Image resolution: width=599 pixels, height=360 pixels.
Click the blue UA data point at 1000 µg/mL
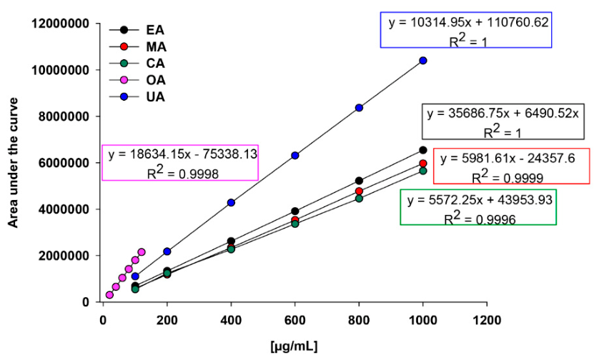coord(423,61)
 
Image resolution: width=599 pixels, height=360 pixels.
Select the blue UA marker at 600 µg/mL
coord(295,156)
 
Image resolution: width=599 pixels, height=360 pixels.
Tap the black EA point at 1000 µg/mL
coord(423,151)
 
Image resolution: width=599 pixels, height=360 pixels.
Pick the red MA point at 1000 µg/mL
coord(423,164)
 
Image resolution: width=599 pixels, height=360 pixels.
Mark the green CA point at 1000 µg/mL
coord(423,171)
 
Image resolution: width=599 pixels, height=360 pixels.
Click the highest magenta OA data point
coord(142,252)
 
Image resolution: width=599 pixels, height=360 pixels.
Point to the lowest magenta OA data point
coord(109,295)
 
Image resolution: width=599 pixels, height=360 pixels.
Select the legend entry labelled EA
coord(137,30)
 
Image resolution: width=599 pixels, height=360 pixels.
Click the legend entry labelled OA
coord(137,80)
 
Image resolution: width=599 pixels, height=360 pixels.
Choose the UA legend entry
coord(137,97)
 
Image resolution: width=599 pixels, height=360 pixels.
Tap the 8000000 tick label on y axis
coord(64,116)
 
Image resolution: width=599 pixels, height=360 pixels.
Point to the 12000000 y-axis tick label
coord(60,24)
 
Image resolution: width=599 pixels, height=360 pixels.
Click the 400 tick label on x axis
coord(231,320)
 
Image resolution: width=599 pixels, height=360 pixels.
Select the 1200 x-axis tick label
coord(486,320)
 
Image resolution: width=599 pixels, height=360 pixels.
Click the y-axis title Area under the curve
coord(13,163)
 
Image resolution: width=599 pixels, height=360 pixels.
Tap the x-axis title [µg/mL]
coord(294,346)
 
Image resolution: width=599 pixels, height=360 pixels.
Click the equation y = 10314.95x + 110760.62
coord(469,23)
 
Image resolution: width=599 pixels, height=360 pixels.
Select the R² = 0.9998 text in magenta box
coord(182,174)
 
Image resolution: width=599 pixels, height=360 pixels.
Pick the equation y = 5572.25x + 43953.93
coord(480,200)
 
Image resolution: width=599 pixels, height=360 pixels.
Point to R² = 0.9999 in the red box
coord(508,177)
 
